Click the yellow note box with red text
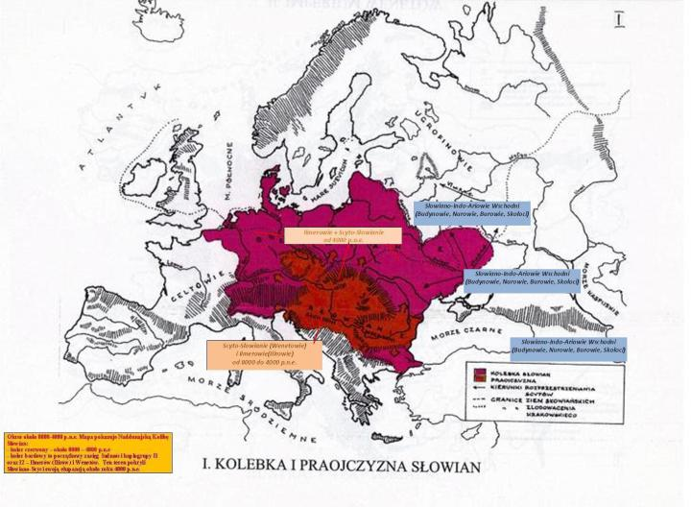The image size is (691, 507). pyautogui.click(x=87, y=452)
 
